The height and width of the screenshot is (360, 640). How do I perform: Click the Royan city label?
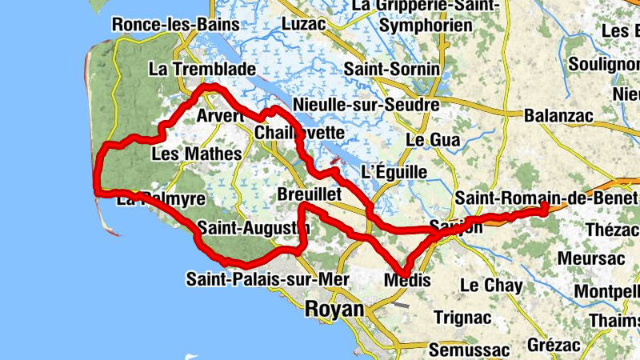[334, 309]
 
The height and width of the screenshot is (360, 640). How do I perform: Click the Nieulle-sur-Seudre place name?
[366, 105]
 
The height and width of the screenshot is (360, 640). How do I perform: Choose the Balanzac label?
[558, 116]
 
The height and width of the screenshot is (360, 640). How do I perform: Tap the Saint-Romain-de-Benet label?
[546, 197]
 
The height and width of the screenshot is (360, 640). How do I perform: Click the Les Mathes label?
[196, 153]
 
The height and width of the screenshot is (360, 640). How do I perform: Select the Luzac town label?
[304, 24]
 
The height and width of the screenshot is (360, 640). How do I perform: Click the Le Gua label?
[433, 140]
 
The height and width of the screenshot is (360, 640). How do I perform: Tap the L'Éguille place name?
[394, 172]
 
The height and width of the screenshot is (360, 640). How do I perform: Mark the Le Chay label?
[491, 285]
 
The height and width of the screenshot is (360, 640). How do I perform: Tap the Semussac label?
[468, 350]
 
